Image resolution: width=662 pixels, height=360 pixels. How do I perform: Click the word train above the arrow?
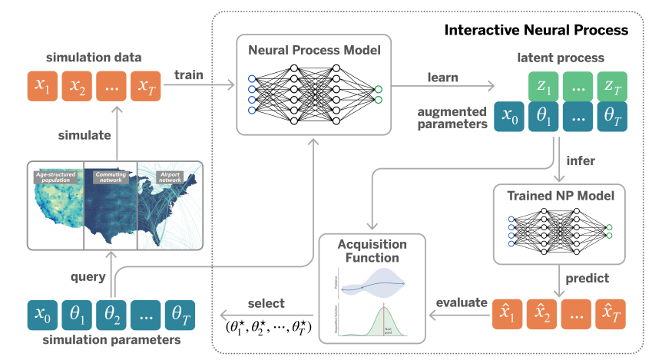[x=189, y=75]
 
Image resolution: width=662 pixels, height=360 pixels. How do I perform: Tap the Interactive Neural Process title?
[x=535, y=31]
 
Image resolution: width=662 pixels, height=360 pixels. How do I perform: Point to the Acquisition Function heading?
[x=372, y=251]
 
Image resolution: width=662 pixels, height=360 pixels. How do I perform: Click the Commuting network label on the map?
[x=109, y=178]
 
